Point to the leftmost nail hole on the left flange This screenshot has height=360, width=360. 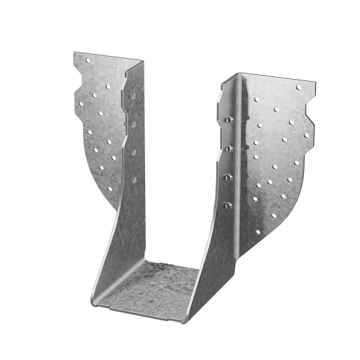tap(79, 103)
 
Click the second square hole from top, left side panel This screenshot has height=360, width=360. tap(135, 126)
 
